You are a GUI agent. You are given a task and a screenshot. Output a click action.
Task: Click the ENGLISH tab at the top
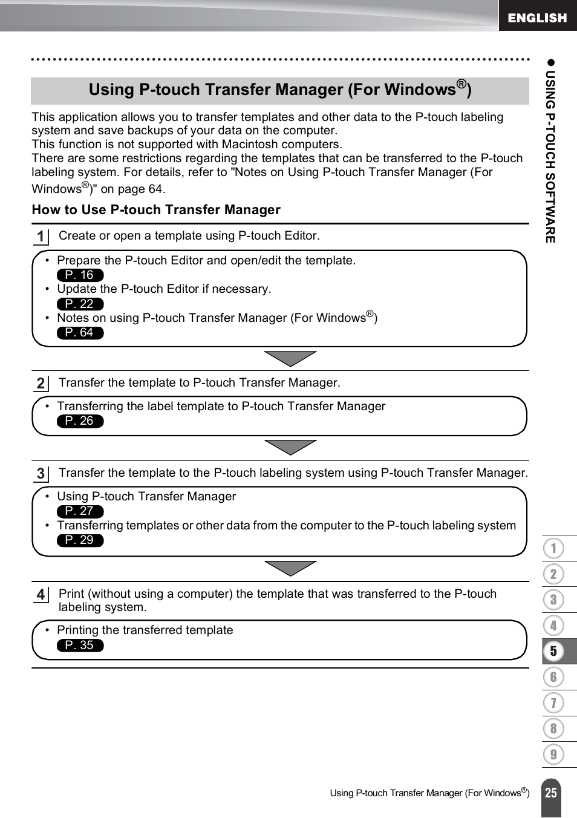537,18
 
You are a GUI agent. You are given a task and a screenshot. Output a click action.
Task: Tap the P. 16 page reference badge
80,275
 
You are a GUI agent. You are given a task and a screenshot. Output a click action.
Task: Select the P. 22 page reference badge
80,304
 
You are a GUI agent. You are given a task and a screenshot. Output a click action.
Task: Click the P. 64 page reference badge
80,333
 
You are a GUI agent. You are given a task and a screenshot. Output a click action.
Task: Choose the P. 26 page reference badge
80,421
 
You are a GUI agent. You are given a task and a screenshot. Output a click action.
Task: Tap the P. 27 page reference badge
80,511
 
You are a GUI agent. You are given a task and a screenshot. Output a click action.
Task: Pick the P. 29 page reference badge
80,540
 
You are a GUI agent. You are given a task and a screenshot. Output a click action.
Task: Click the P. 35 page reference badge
80,646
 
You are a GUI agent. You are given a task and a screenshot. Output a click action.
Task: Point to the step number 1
41,237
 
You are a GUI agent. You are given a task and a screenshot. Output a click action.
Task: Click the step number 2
41,384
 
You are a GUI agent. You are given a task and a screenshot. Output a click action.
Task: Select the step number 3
41,474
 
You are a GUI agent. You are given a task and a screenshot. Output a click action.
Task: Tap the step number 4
41,595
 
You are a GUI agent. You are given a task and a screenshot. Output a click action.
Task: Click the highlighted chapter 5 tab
553,652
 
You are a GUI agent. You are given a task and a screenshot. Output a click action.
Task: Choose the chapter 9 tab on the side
553,754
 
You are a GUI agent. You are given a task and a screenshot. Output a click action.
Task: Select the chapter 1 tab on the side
553,549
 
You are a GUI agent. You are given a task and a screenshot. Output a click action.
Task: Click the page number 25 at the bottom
551,793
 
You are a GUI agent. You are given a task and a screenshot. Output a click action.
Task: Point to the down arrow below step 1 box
290,358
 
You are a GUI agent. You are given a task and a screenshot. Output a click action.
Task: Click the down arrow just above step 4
290,568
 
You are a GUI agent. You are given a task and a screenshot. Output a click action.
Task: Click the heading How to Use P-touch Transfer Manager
156,210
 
